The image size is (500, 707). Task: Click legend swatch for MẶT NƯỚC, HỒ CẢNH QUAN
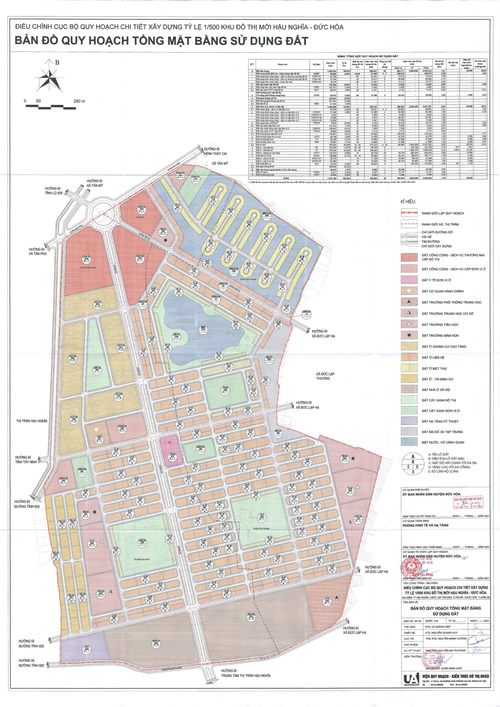click(409, 442)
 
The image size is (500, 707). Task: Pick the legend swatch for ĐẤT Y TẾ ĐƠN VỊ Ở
click(409, 280)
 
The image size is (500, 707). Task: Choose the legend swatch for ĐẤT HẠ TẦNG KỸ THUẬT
click(409, 421)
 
